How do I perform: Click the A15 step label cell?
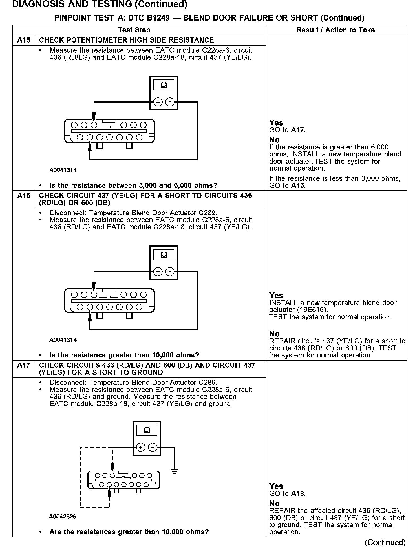point(24,40)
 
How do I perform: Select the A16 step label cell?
point(24,196)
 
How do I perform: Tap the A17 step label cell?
point(24,365)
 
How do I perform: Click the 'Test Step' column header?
point(134,30)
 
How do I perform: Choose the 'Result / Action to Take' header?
point(335,30)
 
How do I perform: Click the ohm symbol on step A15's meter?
point(164,85)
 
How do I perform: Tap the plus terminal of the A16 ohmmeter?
point(158,272)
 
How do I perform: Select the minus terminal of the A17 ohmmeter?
point(153,447)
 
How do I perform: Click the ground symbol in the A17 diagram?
point(175,471)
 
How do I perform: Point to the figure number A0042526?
point(63,517)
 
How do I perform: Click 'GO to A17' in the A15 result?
point(287,130)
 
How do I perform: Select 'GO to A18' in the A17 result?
point(287,493)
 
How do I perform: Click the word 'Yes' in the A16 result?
point(276,295)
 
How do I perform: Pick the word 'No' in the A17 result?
point(274,503)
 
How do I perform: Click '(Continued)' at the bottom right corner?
point(385,542)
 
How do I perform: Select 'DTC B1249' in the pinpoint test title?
point(149,18)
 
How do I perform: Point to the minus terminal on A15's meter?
point(169,102)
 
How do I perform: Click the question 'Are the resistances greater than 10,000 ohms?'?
point(129,532)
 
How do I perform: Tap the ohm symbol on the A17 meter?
point(147,430)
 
